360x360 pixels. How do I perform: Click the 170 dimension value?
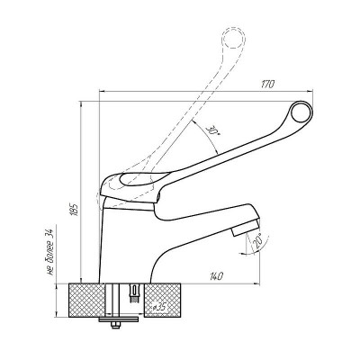267,85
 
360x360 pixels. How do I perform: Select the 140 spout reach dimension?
216,276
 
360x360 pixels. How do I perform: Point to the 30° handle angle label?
212,133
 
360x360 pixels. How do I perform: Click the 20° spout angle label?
257,241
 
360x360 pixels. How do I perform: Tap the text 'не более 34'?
50,252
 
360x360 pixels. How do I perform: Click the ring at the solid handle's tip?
301,112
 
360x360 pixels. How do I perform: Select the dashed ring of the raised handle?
233,39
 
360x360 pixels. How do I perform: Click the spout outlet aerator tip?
246,227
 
